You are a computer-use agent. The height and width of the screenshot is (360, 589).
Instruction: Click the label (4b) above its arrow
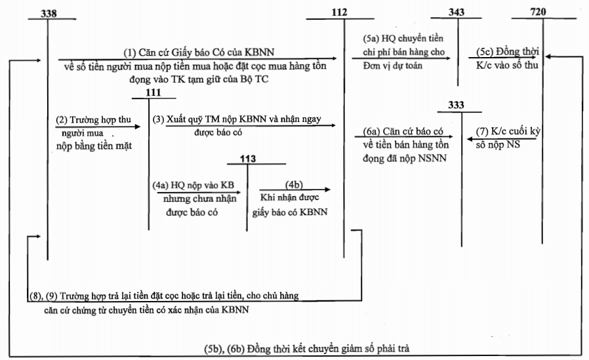coord(294,184)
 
